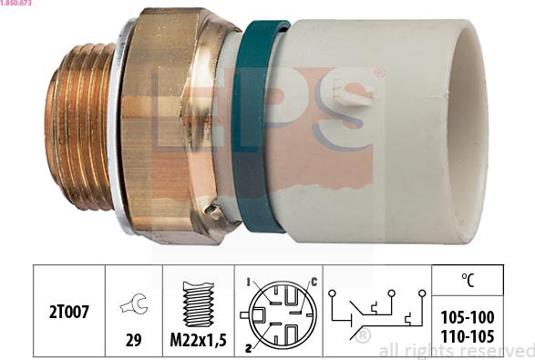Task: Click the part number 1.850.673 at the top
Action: [15, 3]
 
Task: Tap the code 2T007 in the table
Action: [69, 312]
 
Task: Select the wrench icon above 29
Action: [134, 303]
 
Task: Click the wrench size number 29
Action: [133, 340]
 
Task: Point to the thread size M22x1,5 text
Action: [199, 340]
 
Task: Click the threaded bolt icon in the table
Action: [199, 304]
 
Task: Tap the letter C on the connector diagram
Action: [314, 282]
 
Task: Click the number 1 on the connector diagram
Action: [249, 283]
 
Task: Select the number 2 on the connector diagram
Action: [249, 348]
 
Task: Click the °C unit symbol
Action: [468, 280]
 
